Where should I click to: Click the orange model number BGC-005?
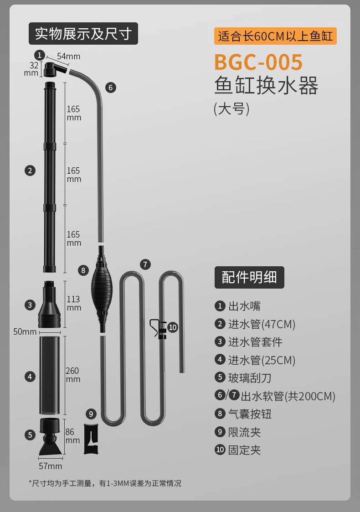(258, 62)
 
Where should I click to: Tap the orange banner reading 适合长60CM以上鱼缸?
(275, 36)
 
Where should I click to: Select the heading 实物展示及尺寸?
(83, 34)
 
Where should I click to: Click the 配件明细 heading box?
(249, 277)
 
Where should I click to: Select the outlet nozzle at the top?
(53, 70)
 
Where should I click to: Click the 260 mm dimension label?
(73, 375)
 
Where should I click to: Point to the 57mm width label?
(50, 466)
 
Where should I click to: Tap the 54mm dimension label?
(68, 56)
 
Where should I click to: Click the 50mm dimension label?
(25, 331)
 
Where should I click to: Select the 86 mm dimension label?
(72, 436)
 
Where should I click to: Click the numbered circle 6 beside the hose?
(111, 88)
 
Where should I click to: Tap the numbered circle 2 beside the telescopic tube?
(30, 171)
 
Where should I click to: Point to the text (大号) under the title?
(231, 109)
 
